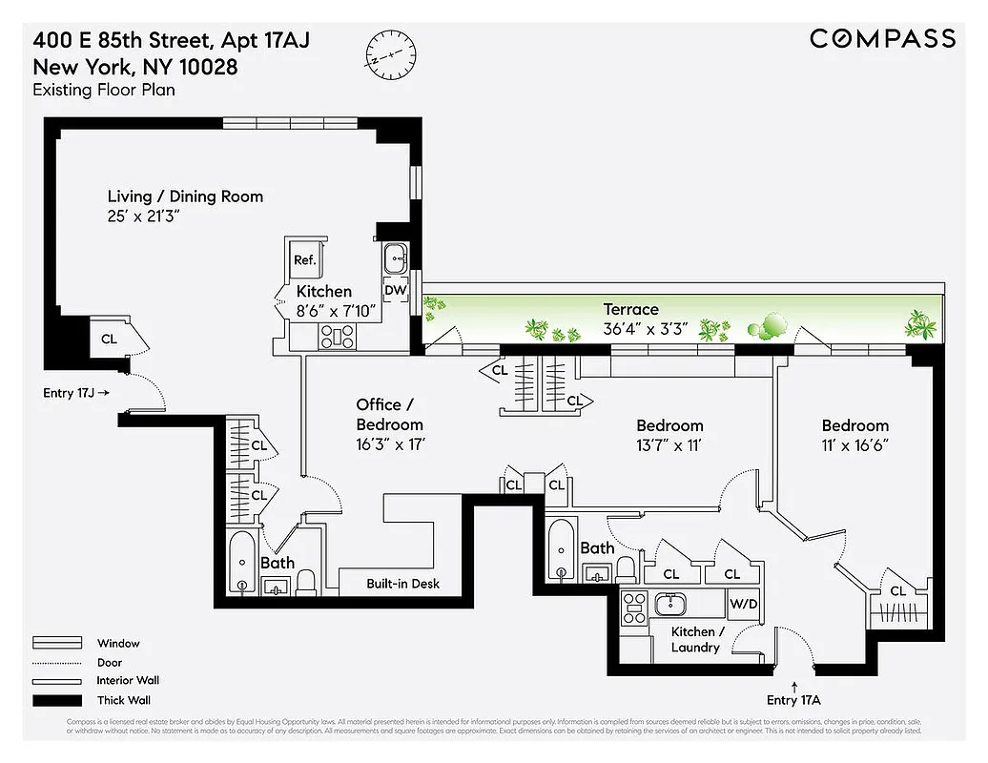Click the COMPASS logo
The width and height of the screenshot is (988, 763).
[882, 38]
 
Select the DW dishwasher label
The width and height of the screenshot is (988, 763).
[395, 291]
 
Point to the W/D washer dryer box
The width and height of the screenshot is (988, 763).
[743, 604]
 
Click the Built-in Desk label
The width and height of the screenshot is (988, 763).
[403, 584]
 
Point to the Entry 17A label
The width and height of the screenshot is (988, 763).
[793, 700]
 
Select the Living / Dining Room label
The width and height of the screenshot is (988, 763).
[185, 196]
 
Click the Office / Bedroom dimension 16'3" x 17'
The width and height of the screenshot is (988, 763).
[389, 443]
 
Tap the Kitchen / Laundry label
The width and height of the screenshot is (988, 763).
[694, 640]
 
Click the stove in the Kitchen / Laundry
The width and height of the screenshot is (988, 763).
[634, 608]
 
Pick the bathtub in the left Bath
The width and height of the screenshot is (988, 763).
[241, 563]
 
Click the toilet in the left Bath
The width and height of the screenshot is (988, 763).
[306, 581]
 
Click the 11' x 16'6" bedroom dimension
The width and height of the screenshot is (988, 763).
[854, 444]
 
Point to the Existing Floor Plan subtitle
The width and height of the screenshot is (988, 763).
[104, 91]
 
